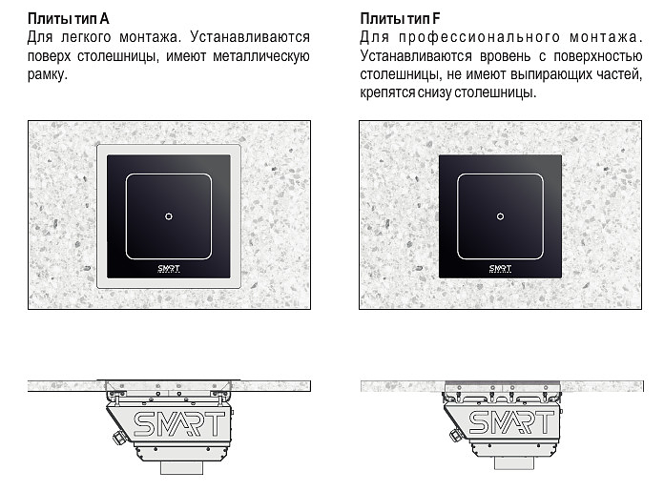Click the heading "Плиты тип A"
69,19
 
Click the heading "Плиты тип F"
400,19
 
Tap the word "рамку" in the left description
48,75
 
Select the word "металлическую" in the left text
261,56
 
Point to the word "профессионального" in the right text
479,38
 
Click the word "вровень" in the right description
506,56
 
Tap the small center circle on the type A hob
169,216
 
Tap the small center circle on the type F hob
500,216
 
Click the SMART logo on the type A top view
169,268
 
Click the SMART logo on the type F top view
500,268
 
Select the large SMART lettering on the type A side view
178,424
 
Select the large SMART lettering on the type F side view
511,423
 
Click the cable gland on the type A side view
119,438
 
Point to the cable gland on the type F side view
455,435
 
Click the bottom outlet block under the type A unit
181,468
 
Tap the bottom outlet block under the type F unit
514,463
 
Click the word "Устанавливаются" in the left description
250,38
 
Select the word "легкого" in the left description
86,38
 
